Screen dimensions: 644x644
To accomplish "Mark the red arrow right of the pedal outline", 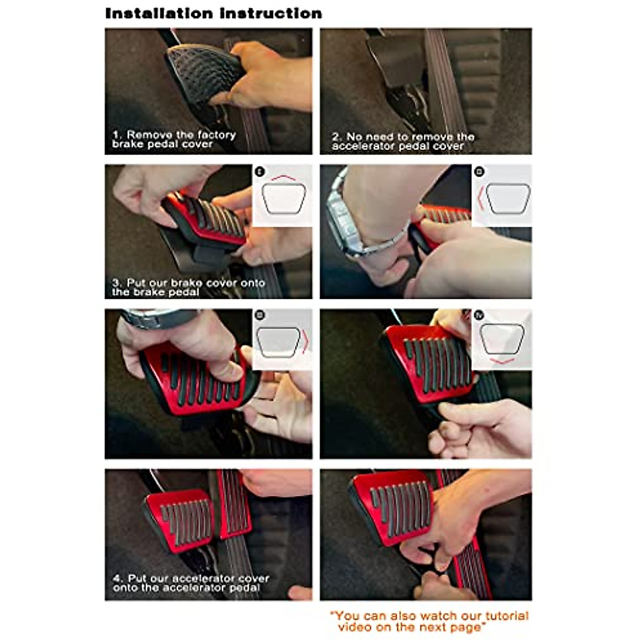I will pyautogui.click(x=305, y=341).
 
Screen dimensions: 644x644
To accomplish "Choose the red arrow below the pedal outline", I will pyautogui.click(x=502, y=361).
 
